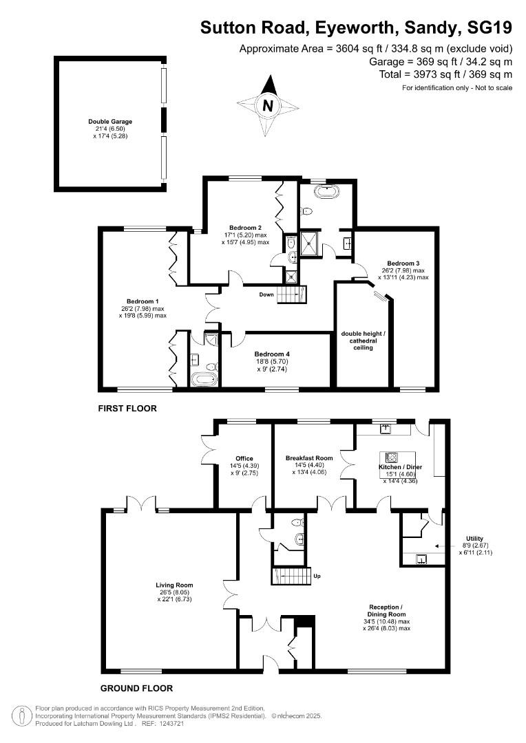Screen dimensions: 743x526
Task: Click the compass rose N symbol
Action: tap(269, 106)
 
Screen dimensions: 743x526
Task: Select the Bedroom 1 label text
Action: tap(143, 301)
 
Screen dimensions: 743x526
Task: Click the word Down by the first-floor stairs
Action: tap(266, 294)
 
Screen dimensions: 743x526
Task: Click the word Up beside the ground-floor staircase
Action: tap(317, 576)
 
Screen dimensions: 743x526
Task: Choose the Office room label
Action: tap(244, 458)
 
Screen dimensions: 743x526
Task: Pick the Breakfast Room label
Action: tap(309, 458)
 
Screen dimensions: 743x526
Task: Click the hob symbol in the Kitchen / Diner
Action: tap(392, 457)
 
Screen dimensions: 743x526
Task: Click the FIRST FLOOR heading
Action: tap(127, 409)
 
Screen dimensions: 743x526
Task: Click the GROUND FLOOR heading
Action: tap(136, 688)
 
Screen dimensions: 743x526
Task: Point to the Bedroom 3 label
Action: tap(403, 263)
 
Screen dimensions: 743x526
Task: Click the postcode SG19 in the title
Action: tap(490, 28)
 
